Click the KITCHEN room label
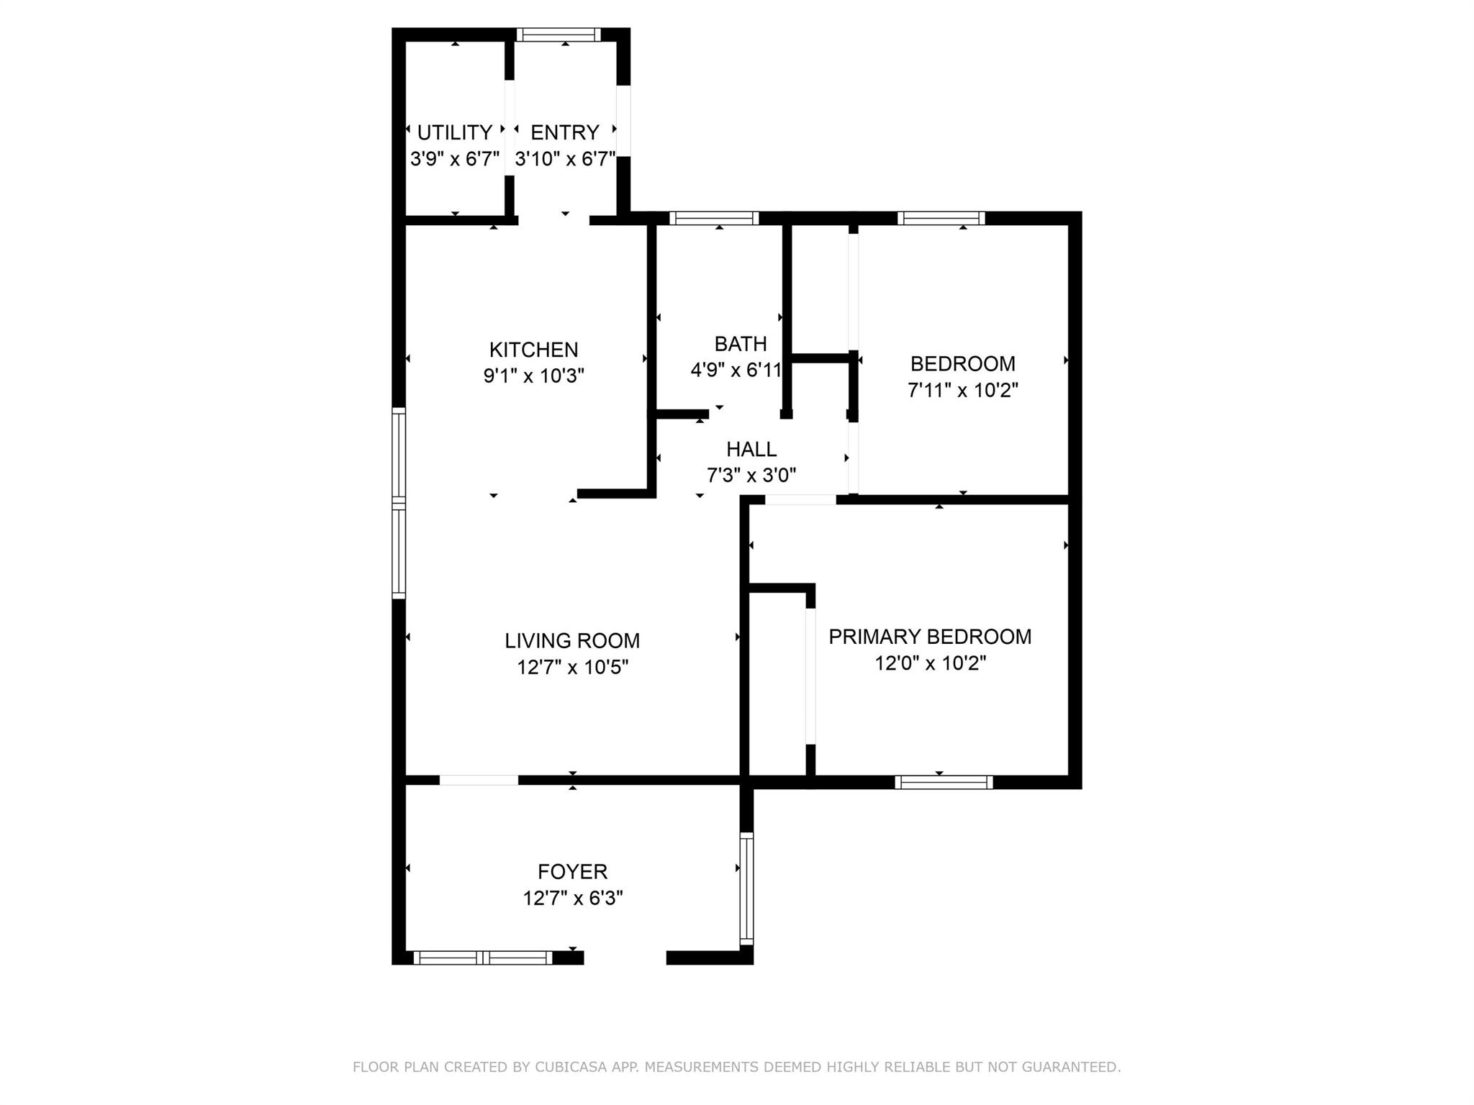click(533, 350)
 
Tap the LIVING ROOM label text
click(572, 640)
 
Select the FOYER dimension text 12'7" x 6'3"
click(572, 898)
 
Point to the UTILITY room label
click(455, 132)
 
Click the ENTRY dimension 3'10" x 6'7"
click(565, 158)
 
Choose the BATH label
click(740, 344)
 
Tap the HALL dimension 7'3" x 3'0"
click(751, 476)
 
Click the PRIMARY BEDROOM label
click(930, 637)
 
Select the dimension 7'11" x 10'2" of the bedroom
click(962, 390)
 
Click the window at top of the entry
click(559, 35)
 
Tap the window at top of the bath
click(714, 218)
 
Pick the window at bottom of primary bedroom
click(944, 782)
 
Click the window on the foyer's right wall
click(747, 888)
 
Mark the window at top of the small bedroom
click(941, 218)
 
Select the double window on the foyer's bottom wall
click(482, 958)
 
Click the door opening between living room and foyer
click(479, 780)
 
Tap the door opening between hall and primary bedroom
click(800, 499)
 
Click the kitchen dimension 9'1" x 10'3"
click(533, 376)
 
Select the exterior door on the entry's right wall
click(623, 121)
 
